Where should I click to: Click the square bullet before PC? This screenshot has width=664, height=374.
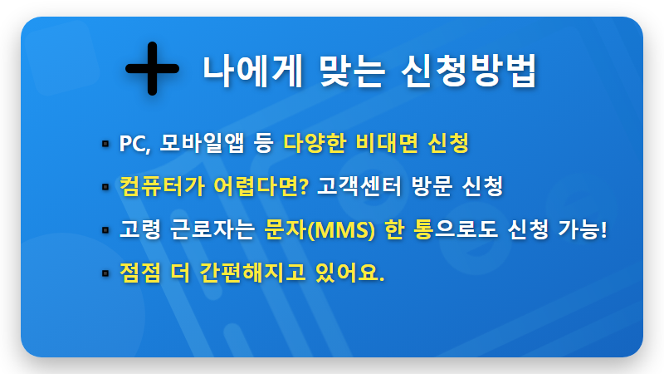pyautogui.click(x=105, y=145)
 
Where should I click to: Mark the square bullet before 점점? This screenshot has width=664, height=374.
pyautogui.click(x=105, y=273)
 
